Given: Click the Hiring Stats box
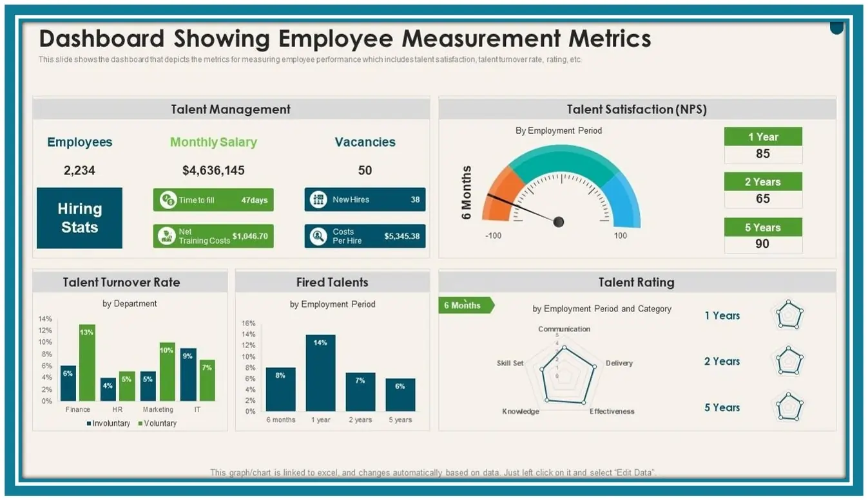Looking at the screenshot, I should (79, 218).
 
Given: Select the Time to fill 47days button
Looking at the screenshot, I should (213, 199).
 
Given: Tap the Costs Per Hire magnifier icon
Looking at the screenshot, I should (318, 236).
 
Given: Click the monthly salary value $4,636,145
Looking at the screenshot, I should (213, 171).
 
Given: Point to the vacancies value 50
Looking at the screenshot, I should (365, 171).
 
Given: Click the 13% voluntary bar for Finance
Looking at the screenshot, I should (87, 362).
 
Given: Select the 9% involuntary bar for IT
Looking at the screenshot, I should (188, 375).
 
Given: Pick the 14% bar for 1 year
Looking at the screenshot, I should (320, 373).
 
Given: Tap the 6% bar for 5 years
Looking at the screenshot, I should (400, 394).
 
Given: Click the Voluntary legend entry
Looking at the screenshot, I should (157, 423).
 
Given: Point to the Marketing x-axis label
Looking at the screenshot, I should (158, 409).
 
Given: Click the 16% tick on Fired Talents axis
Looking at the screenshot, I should (249, 323).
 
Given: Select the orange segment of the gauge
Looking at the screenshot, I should (497, 194).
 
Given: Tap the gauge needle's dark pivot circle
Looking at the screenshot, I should (559, 222).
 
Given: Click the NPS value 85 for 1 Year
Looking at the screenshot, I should (763, 154).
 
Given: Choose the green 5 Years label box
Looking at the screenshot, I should (763, 227).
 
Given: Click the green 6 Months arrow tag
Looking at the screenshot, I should (465, 306).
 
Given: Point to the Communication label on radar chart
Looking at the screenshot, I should (564, 329).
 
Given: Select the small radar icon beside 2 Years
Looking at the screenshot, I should (789, 361).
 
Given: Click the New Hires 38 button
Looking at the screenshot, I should (365, 199).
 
